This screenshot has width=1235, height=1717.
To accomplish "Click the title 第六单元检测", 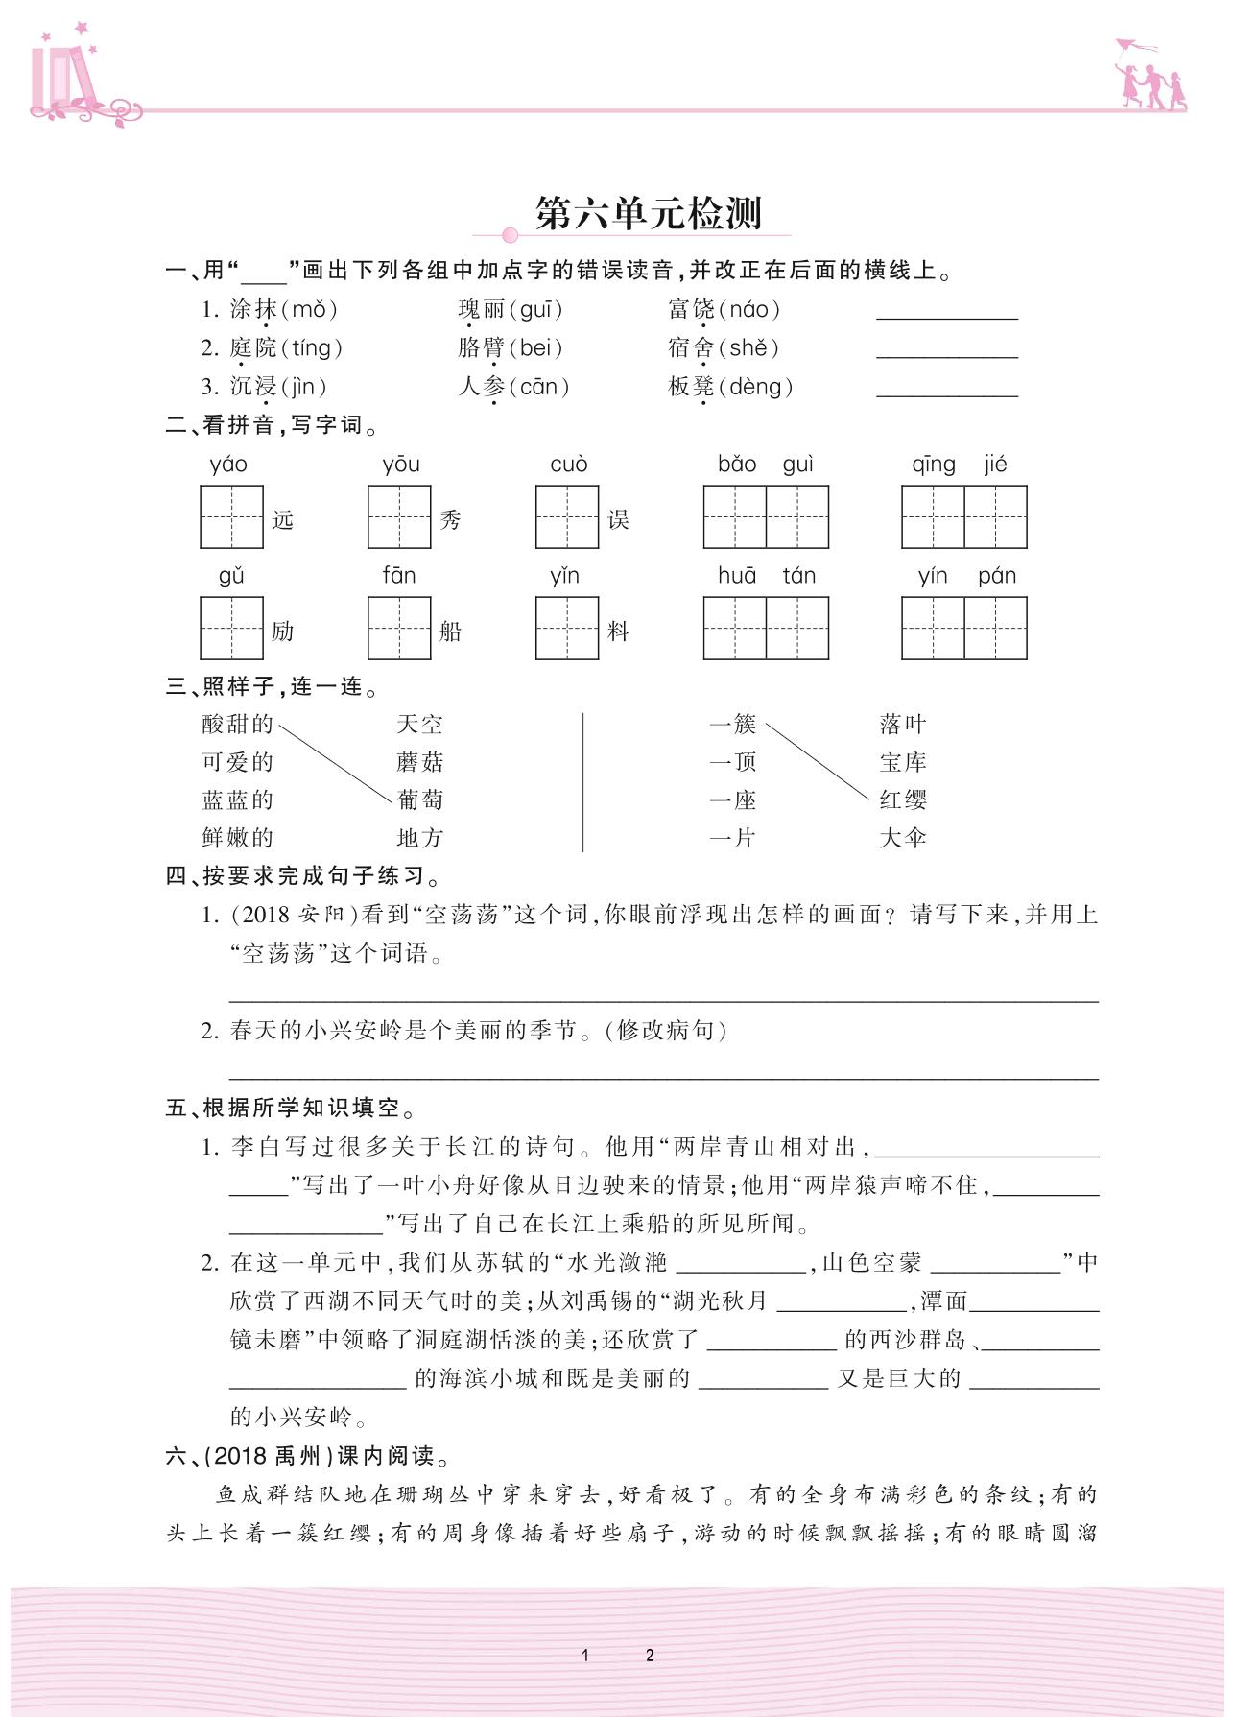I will click(x=648, y=214).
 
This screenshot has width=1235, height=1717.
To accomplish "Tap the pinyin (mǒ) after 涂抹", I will click(x=309, y=309).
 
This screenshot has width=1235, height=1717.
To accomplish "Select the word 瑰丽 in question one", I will click(x=482, y=309).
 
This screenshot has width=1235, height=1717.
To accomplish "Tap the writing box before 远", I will click(x=231, y=517).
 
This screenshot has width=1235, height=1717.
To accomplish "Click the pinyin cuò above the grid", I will click(x=568, y=465).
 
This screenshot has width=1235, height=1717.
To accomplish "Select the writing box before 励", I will click(x=231, y=629).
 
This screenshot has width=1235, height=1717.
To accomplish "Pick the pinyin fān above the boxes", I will click(x=399, y=576).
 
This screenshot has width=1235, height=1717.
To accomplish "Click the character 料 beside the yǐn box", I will click(x=618, y=631).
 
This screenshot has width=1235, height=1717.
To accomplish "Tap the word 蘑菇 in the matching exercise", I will click(x=419, y=762).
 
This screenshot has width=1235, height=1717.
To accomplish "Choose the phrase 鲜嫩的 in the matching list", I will click(x=238, y=838).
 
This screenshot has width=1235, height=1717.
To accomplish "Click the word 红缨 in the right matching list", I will click(x=903, y=799).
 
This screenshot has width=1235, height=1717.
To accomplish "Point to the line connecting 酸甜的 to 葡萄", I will click(x=336, y=763).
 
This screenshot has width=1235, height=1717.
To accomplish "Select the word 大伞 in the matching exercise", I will click(x=903, y=838).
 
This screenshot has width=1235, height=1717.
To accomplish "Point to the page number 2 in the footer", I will click(x=650, y=1655).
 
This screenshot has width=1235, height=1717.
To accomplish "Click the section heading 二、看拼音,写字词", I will click(x=273, y=425).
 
